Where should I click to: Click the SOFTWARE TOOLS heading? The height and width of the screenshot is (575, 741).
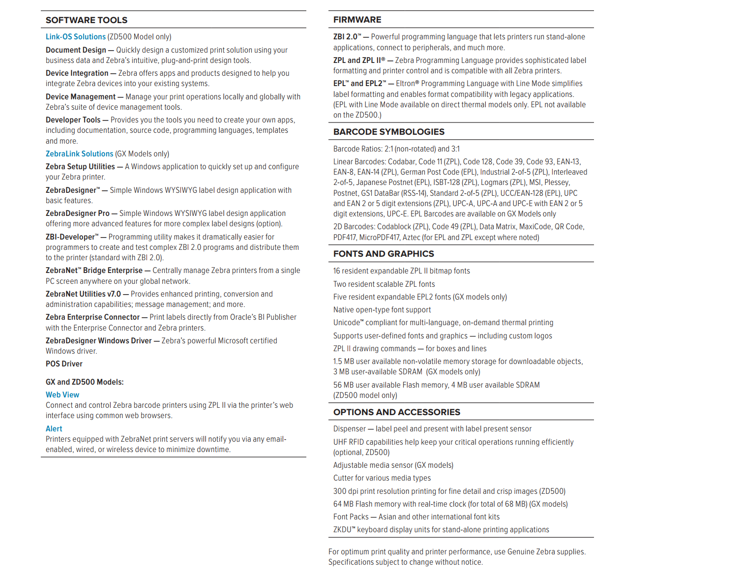pyautogui.click(x=87, y=20)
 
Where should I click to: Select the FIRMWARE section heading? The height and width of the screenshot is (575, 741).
pyautogui.click(x=357, y=20)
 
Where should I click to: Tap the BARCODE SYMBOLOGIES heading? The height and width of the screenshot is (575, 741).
pyautogui.click(x=388, y=132)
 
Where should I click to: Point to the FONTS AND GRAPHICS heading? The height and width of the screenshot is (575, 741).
pyautogui.click(x=384, y=254)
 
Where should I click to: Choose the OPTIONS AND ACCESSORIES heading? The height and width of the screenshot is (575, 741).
pyautogui.click(x=396, y=412)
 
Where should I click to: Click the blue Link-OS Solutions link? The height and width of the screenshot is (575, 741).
pyautogui.click(x=76, y=37)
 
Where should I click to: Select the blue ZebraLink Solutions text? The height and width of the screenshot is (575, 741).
pyautogui.click(x=79, y=154)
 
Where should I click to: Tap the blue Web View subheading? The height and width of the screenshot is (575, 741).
pyautogui.click(x=62, y=395)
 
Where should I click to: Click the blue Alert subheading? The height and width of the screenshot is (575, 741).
pyautogui.click(x=54, y=429)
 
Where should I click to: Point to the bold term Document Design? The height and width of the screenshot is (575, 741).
pyautogui.click(x=76, y=50)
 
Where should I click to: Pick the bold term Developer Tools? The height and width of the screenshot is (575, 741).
pyautogui.click(x=73, y=120)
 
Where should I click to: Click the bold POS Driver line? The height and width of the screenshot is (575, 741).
pyautogui.click(x=64, y=364)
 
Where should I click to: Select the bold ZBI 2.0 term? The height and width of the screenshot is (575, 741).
pyautogui.click(x=346, y=37)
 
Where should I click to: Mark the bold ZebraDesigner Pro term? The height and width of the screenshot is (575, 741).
pyautogui.click(x=77, y=213)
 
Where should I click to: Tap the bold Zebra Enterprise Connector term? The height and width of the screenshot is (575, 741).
pyautogui.click(x=92, y=317)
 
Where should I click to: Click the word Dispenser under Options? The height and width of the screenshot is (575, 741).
pyautogui.click(x=349, y=429)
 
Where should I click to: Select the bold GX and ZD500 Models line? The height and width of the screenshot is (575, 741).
pyautogui.click(x=85, y=382)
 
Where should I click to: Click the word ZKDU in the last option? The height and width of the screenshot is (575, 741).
pyautogui.click(x=343, y=530)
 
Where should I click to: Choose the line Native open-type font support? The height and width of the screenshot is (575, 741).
pyautogui.click(x=382, y=310)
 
